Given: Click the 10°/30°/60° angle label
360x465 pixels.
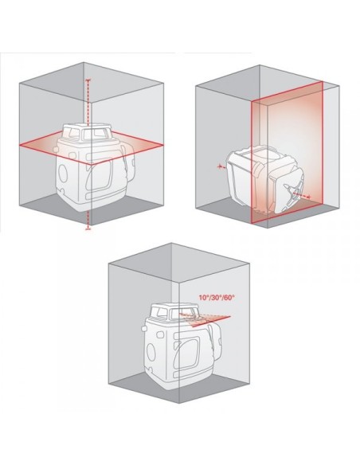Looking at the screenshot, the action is pos(217,297).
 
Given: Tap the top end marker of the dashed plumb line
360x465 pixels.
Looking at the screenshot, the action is pos(88,80).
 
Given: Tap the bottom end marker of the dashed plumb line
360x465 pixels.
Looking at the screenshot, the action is pos(88,229).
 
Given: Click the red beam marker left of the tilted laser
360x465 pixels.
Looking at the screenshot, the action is pos(220,167).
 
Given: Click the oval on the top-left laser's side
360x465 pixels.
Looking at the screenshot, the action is pos(63,174).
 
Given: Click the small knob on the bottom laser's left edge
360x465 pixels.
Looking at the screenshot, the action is pos(144,329).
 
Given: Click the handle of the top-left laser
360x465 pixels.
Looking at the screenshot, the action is pos(129,166).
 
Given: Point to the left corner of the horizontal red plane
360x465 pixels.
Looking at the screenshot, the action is pos(20,145).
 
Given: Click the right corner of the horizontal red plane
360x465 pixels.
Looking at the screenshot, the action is pos(163,145).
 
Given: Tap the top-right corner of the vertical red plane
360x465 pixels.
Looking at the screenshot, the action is pos(323,82).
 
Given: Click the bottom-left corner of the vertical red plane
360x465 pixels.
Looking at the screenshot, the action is pos(252,222).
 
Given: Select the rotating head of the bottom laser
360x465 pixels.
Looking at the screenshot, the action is pos(174,312).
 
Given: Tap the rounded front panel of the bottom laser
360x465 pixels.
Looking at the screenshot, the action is pos(187,352).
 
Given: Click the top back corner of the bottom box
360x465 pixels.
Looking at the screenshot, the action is pos(171,243).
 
